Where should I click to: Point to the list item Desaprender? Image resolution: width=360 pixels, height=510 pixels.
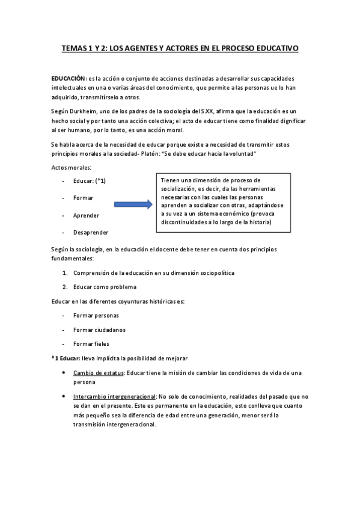(x=91, y=233)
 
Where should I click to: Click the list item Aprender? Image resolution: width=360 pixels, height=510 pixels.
(x=86, y=215)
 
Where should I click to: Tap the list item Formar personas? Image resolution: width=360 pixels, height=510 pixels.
(x=96, y=315)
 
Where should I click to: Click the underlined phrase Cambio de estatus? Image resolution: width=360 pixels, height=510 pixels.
(x=99, y=373)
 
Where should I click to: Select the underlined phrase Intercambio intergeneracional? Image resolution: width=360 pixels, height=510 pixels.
(x=114, y=397)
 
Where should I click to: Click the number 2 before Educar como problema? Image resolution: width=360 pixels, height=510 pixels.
(x=64, y=287)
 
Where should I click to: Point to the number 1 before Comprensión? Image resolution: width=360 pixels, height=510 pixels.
(x=64, y=272)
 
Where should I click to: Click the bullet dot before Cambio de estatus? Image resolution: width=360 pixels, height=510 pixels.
(x=64, y=373)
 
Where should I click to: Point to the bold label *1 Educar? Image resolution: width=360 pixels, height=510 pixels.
(x=66, y=358)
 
